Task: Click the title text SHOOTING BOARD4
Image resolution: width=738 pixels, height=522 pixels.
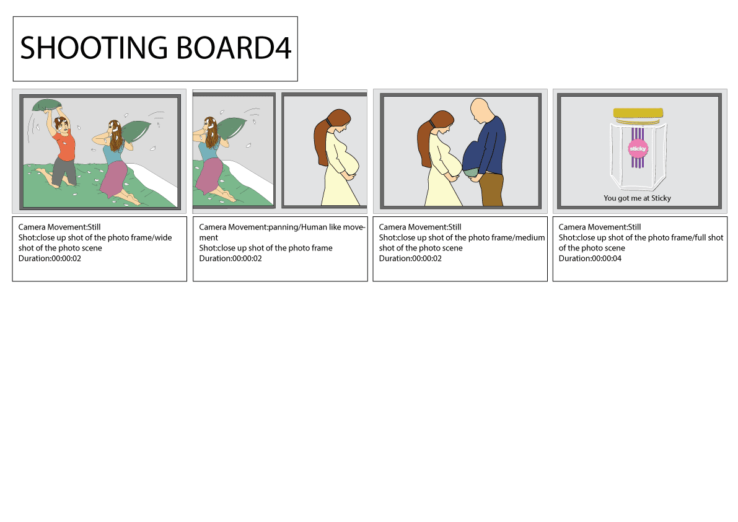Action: (156, 48)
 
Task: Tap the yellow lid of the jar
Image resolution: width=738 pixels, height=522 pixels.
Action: (638, 113)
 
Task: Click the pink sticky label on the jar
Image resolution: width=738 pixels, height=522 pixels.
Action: (638, 149)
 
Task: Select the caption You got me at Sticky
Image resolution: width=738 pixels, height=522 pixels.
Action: (637, 198)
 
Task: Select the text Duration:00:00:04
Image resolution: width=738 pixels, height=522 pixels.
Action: (590, 259)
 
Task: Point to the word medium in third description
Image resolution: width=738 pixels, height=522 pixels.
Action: (530, 237)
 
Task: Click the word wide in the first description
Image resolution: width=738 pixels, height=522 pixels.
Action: (164, 237)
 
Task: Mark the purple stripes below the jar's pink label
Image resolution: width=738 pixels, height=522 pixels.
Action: (638, 162)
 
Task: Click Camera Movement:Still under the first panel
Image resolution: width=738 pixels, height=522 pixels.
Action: (59, 228)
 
